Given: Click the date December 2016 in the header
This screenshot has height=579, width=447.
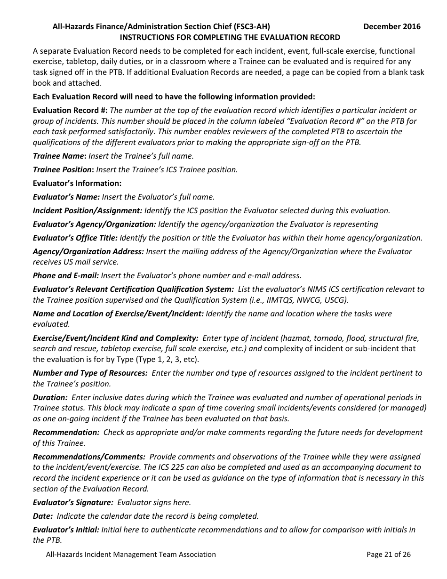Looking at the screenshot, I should point(392,26).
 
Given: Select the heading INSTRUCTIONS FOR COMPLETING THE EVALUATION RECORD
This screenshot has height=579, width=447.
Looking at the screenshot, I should point(230,37).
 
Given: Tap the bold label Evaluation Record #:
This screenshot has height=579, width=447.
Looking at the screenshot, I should point(70,110).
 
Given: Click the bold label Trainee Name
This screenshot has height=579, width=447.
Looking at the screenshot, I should point(59,156).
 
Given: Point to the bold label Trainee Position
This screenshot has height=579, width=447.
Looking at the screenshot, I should point(63,169).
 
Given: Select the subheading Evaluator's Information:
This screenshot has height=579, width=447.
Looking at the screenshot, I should point(77,183).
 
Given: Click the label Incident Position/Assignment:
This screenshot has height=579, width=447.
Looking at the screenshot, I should point(87,210).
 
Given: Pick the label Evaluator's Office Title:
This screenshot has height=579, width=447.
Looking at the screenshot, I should point(75,238).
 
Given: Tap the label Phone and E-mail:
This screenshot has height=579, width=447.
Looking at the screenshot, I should point(66,275).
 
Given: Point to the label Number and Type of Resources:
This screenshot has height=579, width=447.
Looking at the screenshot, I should point(90,373).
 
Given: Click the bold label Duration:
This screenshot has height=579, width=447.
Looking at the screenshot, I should point(50,397).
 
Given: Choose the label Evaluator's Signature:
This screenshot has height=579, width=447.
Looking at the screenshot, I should point(73,503).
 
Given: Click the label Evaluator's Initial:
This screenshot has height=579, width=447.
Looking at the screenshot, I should point(66,530).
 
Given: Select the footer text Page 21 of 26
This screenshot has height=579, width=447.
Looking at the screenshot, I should point(388,554).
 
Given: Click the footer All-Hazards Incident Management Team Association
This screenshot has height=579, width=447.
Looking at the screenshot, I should point(131,554).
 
